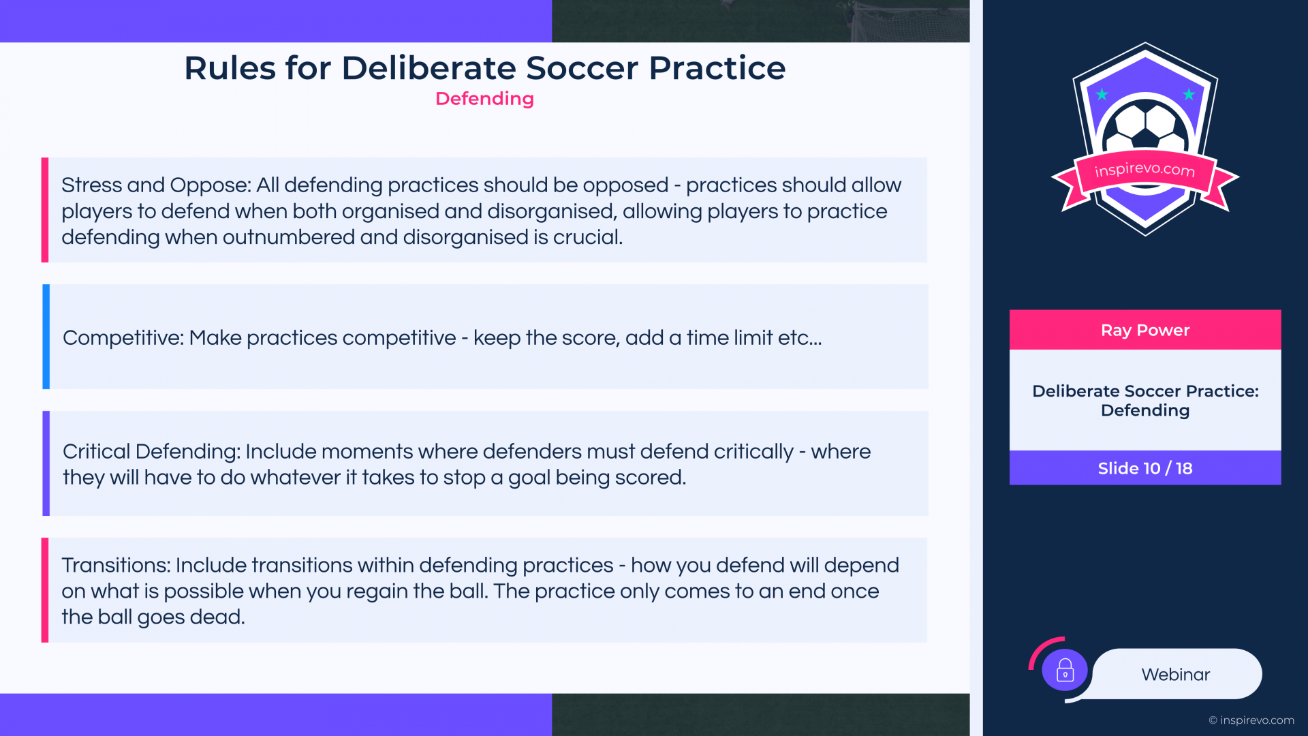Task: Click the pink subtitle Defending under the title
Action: click(x=484, y=99)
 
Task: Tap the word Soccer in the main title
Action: click(x=582, y=68)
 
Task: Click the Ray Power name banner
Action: click(x=1145, y=330)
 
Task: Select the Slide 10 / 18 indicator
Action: click(x=1145, y=468)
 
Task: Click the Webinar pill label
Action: click(x=1177, y=674)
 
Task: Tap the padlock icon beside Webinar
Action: click(x=1065, y=671)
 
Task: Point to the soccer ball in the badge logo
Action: click(x=1146, y=126)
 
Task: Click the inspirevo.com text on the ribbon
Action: click(x=1144, y=169)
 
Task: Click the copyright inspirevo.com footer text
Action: click(x=1251, y=720)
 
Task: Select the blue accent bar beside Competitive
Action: click(x=46, y=337)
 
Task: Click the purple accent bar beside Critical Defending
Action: click(x=46, y=463)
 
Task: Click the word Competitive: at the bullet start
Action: click(x=123, y=338)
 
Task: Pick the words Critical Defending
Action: click(x=149, y=452)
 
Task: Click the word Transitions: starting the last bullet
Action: click(x=116, y=565)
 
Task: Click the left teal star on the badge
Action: click(x=1102, y=94)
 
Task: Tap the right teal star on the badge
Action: click(x=1189, y=94)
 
